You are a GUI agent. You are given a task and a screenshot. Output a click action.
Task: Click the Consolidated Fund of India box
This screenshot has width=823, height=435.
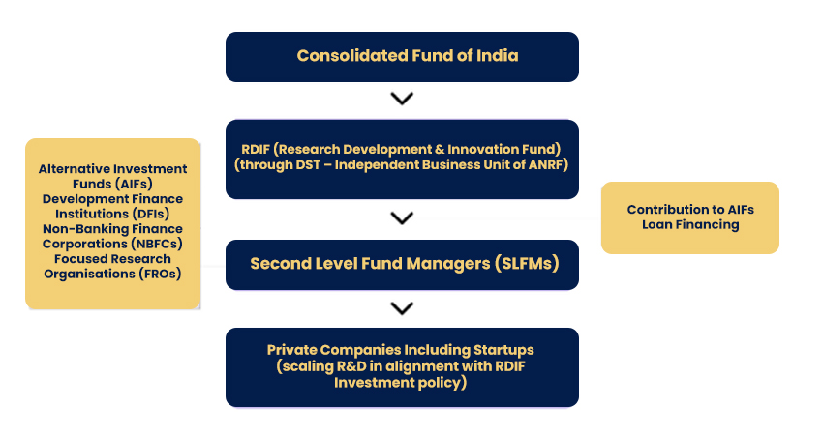[x=402, y=57]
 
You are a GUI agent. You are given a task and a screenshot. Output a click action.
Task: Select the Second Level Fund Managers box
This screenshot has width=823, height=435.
[x=402, y=265]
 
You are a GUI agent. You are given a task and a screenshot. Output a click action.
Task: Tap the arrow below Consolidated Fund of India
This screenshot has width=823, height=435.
[x=402, y=99]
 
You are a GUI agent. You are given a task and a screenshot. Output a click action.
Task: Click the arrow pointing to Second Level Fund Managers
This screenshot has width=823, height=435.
[x=402, y=218]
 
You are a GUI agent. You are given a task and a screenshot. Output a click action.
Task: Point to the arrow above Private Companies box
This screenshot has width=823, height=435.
[x=402, y=308]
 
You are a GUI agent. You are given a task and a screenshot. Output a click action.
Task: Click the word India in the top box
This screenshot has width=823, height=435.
[x=497, y=55]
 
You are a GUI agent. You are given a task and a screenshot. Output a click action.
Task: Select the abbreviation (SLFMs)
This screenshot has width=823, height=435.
[x=527, y=263]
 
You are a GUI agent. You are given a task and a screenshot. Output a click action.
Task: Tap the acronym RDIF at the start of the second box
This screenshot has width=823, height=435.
[x=256, y=150]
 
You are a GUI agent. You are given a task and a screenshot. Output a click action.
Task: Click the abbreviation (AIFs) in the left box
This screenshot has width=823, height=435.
[x=135, y=184]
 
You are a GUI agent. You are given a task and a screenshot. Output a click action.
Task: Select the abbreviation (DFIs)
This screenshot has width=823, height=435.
[x=151, y=214]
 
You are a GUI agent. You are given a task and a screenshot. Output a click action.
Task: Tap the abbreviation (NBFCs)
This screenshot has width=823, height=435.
[x=157, y=244]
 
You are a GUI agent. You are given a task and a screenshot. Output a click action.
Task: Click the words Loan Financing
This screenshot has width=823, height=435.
[x=690, y=225]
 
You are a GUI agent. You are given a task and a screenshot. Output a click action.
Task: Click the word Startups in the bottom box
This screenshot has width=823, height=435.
[x=503, y=350]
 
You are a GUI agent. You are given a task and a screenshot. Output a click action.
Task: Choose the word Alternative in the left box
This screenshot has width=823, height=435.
[x=68, y=169]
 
